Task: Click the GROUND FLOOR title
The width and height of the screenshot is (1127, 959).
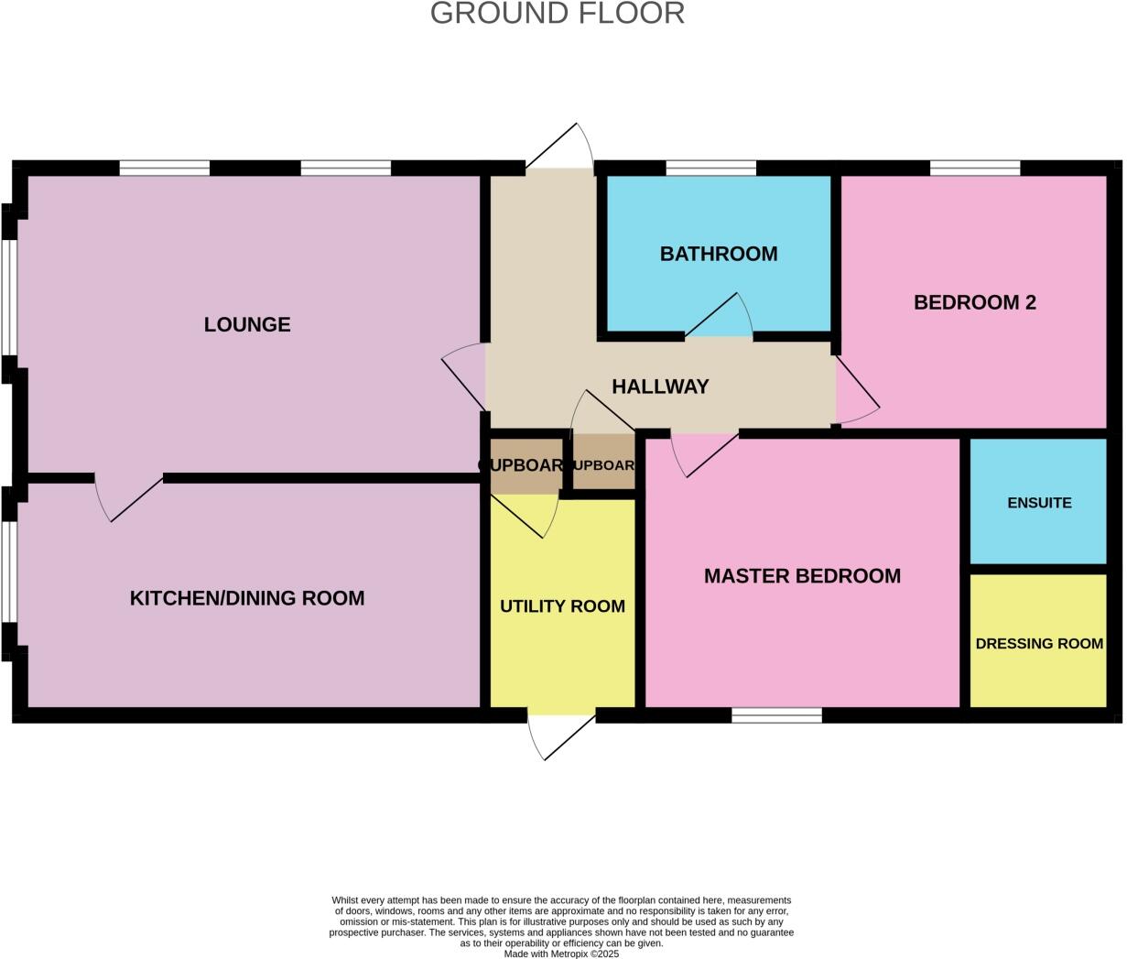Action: pyautogui.click(x=557, y=14)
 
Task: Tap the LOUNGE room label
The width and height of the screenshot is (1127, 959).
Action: pyautogui.click(x=247, y=324)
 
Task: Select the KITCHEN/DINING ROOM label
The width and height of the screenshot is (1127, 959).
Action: pyautogui.click(x=247, y=598)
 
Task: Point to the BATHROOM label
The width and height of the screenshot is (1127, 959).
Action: pyautogui.click(x=719, y=254)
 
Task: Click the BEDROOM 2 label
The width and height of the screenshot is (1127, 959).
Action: pyautogui.click(x=974, y=302)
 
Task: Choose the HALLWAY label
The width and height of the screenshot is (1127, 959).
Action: pyautogui.click(x=660, y=387)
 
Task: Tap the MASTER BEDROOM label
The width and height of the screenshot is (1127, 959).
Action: pyautogui.click(x=802, y=575)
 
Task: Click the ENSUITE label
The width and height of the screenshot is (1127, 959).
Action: pyautogui.click(x=1039, y=503)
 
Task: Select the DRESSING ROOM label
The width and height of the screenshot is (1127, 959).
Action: pyautogui.click(x=1039, y=644)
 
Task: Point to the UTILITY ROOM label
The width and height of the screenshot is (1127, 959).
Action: pyautogui.click(x=562, y=606)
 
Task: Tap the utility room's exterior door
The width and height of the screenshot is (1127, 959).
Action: pyautogui.click(x=560, y=735)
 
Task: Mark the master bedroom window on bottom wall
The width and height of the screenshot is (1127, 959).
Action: pyautogui.click(x=776, y=715)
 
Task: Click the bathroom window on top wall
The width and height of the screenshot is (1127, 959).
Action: pyautogui.click(x=710, y=168)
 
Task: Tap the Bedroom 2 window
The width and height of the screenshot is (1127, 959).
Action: pyautogui.click(x=975, y=168)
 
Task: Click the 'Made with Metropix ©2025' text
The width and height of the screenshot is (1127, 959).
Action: pyautogui.click(x=562, y=954)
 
